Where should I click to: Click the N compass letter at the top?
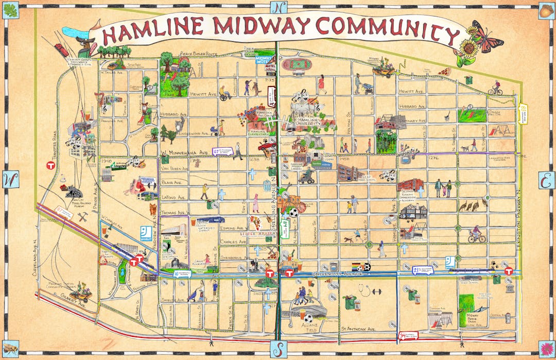pos(278,8)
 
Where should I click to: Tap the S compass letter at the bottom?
pos(279,349)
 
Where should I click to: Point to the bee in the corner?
pos(10,349)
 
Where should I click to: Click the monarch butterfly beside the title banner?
pos(486,36)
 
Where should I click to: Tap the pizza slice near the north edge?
pos(445,71)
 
